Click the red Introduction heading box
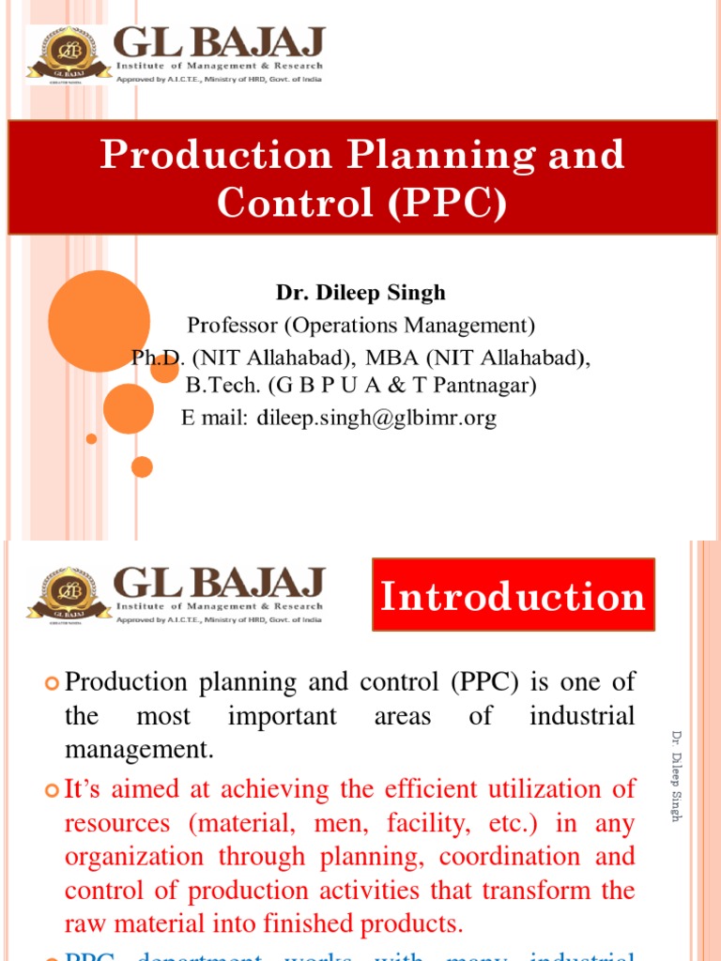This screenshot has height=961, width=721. point(514,595)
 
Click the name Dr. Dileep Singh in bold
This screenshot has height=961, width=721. point(360,293)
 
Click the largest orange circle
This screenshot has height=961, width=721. point(99,322)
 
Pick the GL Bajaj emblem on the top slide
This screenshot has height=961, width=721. point(66,55)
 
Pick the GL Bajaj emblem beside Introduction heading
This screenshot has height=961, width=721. point(67,594)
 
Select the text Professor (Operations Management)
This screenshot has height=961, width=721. point(360,325)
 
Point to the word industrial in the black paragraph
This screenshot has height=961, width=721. point(582,716)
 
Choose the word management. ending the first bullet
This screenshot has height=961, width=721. point(139,750)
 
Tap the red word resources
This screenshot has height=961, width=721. point(118,823)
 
